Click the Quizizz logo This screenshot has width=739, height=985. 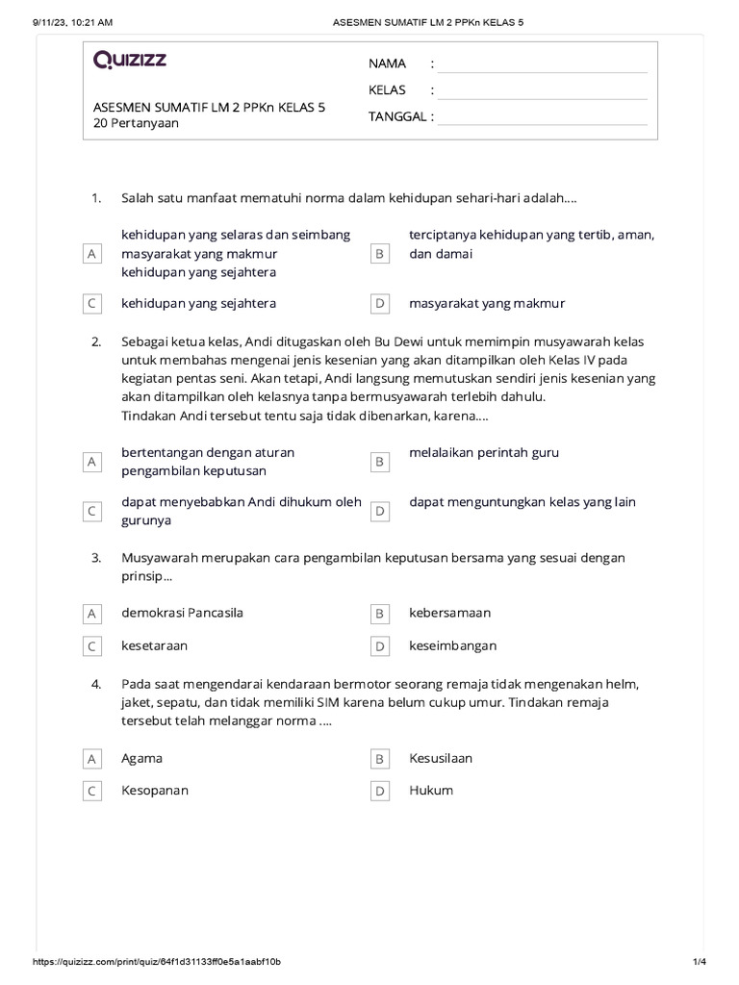130,60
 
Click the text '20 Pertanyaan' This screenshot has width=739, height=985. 136,123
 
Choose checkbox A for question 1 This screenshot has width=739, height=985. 91,254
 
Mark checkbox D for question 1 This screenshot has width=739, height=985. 380,304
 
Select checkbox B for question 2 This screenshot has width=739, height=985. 380,463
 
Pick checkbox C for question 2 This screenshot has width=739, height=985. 91,512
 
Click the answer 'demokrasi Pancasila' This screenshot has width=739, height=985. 182,613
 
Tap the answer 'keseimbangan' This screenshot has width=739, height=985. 452,645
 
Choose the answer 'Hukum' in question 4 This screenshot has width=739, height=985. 430,791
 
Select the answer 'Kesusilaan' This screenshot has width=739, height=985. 441,758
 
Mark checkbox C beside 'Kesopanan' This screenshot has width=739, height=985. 91,791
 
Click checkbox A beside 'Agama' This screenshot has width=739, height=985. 91,759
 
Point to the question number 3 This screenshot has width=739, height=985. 96,558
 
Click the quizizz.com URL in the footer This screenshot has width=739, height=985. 157,962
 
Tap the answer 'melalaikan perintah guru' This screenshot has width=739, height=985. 484,452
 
